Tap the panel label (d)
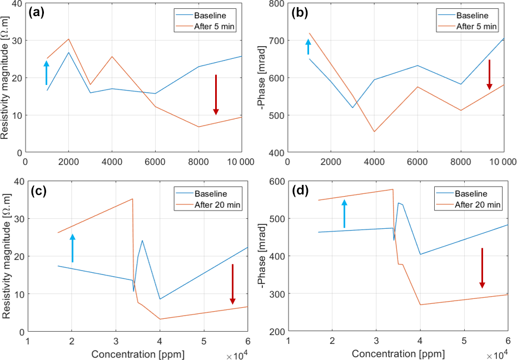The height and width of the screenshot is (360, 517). [301, 193]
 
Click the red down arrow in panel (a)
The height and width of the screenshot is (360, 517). [216, 94]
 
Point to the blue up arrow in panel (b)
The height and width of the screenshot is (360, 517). [309, 47]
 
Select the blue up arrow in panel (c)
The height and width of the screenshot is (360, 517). [72, 248]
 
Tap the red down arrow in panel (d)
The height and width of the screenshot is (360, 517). [482, 268]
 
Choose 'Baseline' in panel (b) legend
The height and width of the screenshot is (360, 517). [471, 16]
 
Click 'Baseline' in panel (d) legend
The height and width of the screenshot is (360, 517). [471, 194]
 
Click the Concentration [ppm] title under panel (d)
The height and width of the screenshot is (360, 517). [398, 354]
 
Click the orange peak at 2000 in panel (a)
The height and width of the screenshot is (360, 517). [68, 39]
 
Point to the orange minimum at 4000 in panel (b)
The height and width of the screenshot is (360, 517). [374, 132]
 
